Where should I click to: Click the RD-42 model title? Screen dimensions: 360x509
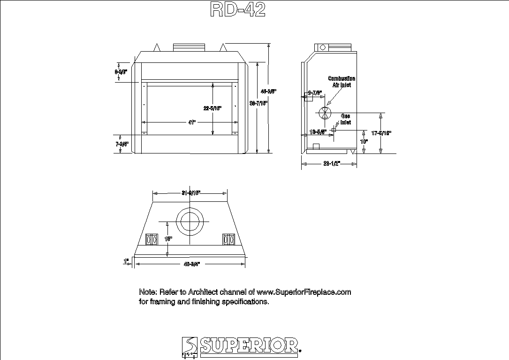pos(238,9)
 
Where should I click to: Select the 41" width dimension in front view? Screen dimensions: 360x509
pos(192,122)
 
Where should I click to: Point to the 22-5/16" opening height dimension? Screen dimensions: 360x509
pos(213,108)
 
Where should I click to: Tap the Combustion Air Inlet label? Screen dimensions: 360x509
pos(342,82)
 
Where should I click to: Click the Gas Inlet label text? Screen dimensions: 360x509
pos(345,119)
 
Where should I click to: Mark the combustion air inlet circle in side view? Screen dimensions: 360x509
pos(325,113)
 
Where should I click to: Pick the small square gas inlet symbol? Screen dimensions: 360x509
pos(334,130)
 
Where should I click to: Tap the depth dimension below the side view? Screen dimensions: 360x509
pos(331,164)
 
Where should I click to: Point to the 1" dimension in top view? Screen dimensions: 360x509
pos(126,260)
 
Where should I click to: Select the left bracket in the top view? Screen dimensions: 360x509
pos(152,239)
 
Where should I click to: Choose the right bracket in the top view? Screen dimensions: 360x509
pos(228,239)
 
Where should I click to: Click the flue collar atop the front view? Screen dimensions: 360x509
pos(190,47)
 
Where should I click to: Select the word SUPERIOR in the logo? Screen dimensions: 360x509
pos(249,345)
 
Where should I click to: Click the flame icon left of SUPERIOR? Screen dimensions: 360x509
pos(189,347)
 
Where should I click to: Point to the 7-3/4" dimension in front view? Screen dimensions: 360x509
pos(122,145)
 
